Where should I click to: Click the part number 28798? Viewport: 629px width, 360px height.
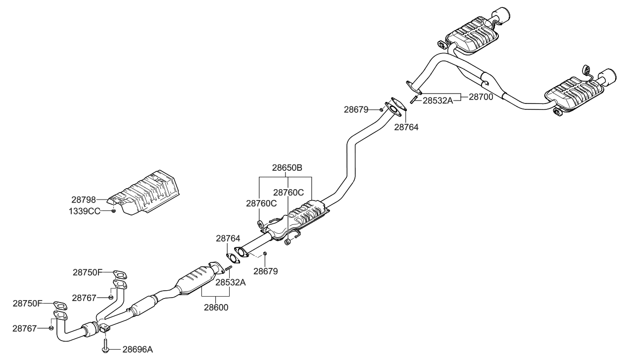(83, 200)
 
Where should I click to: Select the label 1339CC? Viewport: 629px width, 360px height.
(84, 211)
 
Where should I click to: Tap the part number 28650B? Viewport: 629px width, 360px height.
(287, 168)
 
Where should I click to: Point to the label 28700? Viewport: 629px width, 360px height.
(481, 98)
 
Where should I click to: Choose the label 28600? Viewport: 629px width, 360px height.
(216, 307)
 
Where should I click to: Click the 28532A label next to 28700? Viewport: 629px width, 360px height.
(437, 101)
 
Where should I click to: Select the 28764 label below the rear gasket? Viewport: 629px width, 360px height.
(406, 127)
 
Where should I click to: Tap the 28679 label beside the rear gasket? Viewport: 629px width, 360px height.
(356, 109)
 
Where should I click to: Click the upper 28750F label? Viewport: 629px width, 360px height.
(87, 272)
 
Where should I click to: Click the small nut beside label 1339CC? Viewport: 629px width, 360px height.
(113, 211)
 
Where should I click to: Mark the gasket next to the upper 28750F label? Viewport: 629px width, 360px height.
(120, 273)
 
